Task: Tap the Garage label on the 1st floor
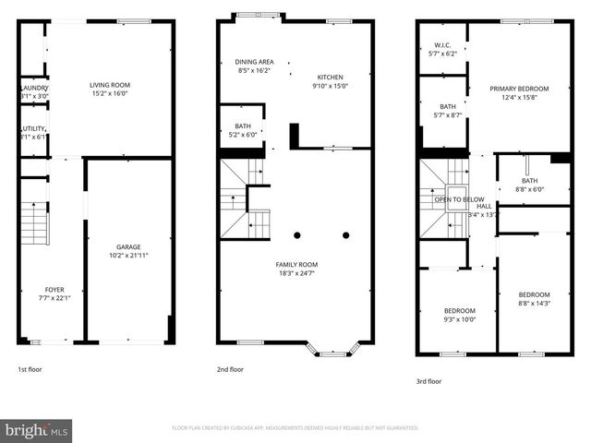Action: pos(128,246)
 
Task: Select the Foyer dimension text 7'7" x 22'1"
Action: pos(54,297)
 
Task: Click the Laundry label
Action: pos(34,88)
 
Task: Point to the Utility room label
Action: pos(35,129)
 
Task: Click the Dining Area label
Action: pos(253,62)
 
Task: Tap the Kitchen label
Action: pos(331,78)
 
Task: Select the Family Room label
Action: pos(296,265)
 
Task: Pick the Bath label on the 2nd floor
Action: pos(243,126)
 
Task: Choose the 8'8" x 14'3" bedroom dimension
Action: pos(534,303)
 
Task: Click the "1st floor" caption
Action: pos(30,369)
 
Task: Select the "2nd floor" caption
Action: pos(230,369)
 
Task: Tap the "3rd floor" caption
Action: pos(428,380)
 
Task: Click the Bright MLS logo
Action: pos(37,429)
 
